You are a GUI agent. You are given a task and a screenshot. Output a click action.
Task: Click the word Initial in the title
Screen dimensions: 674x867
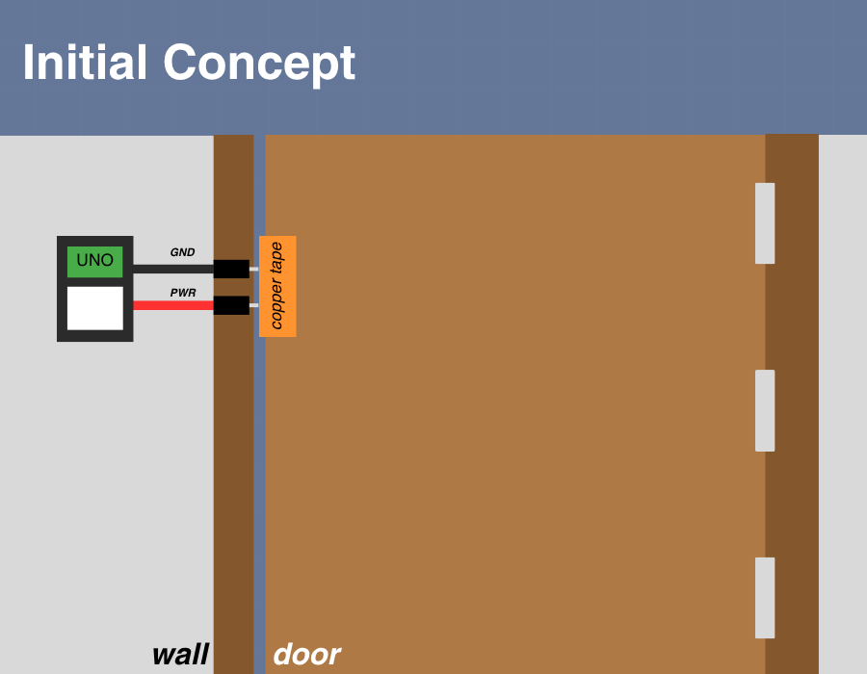[x=86, y=64]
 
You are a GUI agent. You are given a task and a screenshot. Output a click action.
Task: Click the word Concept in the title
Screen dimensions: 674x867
[x=259, y=64]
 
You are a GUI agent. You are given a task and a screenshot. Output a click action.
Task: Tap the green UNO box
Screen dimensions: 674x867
[x=94, y=261]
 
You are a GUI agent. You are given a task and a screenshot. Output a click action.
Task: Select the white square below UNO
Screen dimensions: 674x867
[x=94, y=308]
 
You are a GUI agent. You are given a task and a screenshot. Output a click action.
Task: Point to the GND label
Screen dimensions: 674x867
[x=182, y=252]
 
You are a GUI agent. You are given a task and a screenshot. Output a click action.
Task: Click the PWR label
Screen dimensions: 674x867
[x=182, y=293]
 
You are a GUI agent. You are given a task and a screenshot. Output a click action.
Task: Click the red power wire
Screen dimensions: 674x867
[x=172, y=305]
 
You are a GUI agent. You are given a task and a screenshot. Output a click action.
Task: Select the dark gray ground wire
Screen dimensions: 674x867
[x=172, y=269]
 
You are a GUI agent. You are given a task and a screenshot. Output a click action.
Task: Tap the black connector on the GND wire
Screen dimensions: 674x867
[x=231, y=269]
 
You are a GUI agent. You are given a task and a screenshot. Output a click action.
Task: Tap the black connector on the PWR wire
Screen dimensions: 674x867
[x=231, y=305]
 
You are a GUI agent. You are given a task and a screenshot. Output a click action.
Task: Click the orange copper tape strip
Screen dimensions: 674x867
[x=277, y=286]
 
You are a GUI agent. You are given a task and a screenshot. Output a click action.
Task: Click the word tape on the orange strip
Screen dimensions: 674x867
[x=276, y=257]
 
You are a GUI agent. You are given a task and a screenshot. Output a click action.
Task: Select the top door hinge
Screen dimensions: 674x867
[x=765, y=223]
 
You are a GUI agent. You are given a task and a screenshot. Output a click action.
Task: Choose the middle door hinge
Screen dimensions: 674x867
[x=765, y=410]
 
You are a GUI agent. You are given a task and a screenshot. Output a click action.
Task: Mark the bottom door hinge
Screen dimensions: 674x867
[x=765, y=597]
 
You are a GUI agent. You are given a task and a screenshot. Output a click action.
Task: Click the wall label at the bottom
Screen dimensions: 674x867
[x=180, y=655]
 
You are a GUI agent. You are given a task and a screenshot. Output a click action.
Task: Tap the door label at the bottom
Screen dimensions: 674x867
[x=306, y=655]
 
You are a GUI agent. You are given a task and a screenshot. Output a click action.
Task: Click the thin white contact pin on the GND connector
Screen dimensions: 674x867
[x=253, y=269]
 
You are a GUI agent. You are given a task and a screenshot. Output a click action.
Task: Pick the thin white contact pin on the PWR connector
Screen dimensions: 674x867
[x=253, y=305]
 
